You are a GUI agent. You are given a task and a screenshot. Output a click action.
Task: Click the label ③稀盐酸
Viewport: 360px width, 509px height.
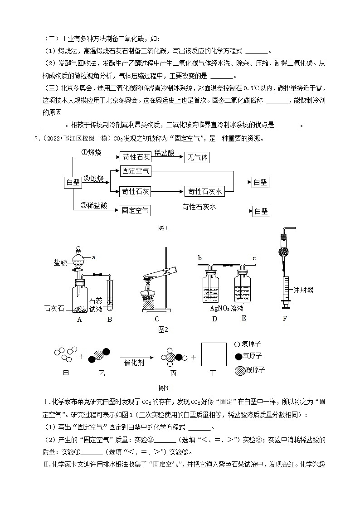point(93,205)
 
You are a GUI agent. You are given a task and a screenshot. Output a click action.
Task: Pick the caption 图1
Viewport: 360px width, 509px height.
point(163,228)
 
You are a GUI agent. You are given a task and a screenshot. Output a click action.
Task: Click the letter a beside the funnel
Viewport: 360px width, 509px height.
point(94,257)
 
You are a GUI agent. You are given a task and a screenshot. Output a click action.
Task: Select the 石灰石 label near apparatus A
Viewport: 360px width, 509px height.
point(54,309)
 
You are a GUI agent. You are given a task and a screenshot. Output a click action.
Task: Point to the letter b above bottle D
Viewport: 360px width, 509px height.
point(200,258)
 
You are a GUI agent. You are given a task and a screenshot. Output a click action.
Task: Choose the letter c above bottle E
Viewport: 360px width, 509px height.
point(254,258)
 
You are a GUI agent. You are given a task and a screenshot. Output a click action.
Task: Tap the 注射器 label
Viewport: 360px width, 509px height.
point(303,290)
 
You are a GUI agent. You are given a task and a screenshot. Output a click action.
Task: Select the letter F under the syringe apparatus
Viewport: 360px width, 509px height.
point(285,318)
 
